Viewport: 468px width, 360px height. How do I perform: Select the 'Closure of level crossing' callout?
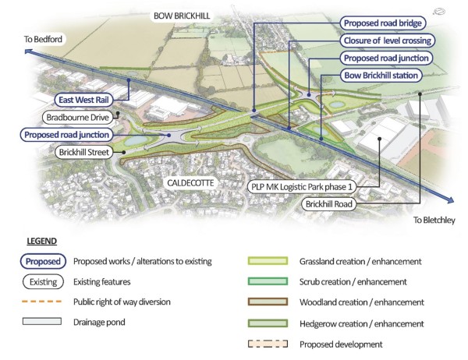click(x=387, y=40)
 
